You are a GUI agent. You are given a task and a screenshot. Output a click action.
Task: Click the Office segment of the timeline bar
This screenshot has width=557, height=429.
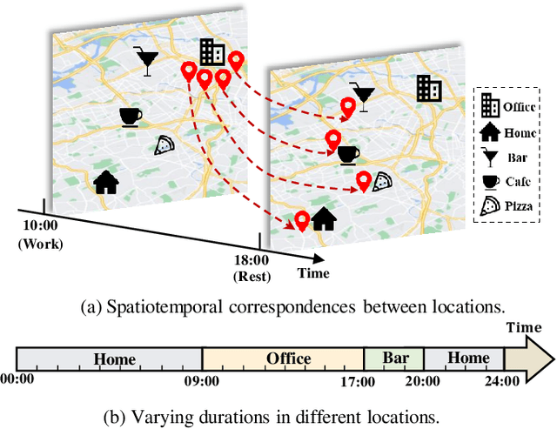(283, 359)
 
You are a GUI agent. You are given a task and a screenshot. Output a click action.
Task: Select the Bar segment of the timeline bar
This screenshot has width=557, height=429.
(393, 359)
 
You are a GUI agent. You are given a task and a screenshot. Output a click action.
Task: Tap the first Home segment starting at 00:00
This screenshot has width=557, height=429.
(110, 359)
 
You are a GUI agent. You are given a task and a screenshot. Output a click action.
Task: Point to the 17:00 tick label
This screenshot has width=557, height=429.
(358, 381)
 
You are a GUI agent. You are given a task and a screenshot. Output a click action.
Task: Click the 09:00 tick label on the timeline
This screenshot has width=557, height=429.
(201, 381)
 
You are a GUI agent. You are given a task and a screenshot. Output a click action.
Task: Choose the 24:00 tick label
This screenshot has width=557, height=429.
(504, 381)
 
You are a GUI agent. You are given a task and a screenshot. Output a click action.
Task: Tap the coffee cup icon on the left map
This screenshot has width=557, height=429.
(130, 117)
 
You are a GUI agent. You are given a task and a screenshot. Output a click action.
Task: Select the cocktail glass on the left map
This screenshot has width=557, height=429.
(146, 60)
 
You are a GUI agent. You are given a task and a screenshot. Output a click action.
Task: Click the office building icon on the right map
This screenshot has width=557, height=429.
(428, 86)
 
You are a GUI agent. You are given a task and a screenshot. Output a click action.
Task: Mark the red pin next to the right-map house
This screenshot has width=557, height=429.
(302, 221)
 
